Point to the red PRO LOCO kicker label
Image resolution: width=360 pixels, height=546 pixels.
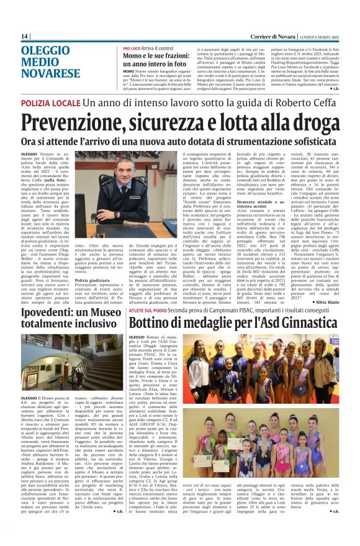coord(132,48)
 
